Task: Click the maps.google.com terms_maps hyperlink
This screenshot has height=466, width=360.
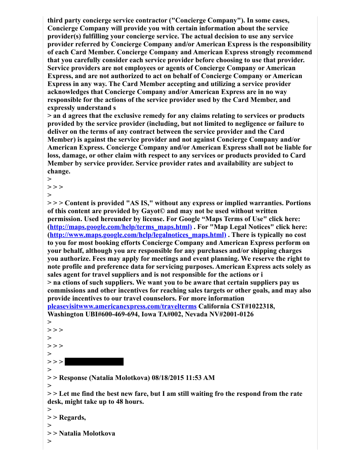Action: coord(120,227)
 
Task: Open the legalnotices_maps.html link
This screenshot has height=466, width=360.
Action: coord(138,235)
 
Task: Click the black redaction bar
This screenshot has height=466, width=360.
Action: coord(94,362)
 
